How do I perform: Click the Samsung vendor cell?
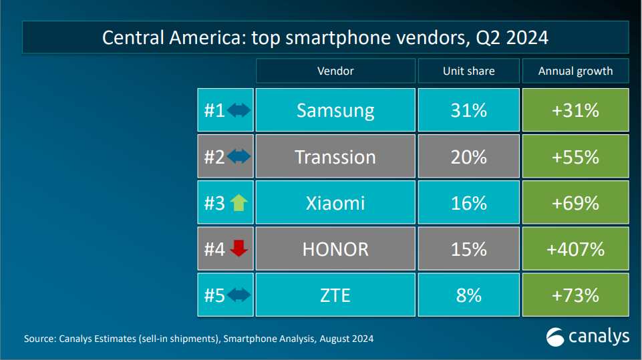pos(335,110)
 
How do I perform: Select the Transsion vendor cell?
pos(335,157)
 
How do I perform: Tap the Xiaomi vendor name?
pos(335,203)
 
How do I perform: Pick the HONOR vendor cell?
pos(335,249)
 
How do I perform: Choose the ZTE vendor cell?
pos(335,295)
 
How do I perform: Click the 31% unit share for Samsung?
pos(468,110)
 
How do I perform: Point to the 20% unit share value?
pos(468,157)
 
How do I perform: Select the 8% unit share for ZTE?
pos(468,295)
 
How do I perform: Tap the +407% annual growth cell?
pos(575,249)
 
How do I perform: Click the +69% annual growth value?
pos(575,203)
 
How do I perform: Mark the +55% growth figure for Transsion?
pos(575,157)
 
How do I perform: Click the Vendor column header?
pos(335,71)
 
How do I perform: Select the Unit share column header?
pos(468,71)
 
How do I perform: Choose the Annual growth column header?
pos(575,71)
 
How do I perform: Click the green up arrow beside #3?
pos(238,203)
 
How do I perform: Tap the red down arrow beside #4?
pos(238,248)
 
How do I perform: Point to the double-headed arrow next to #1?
pos(238,110)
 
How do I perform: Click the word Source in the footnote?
pos(39,339)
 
